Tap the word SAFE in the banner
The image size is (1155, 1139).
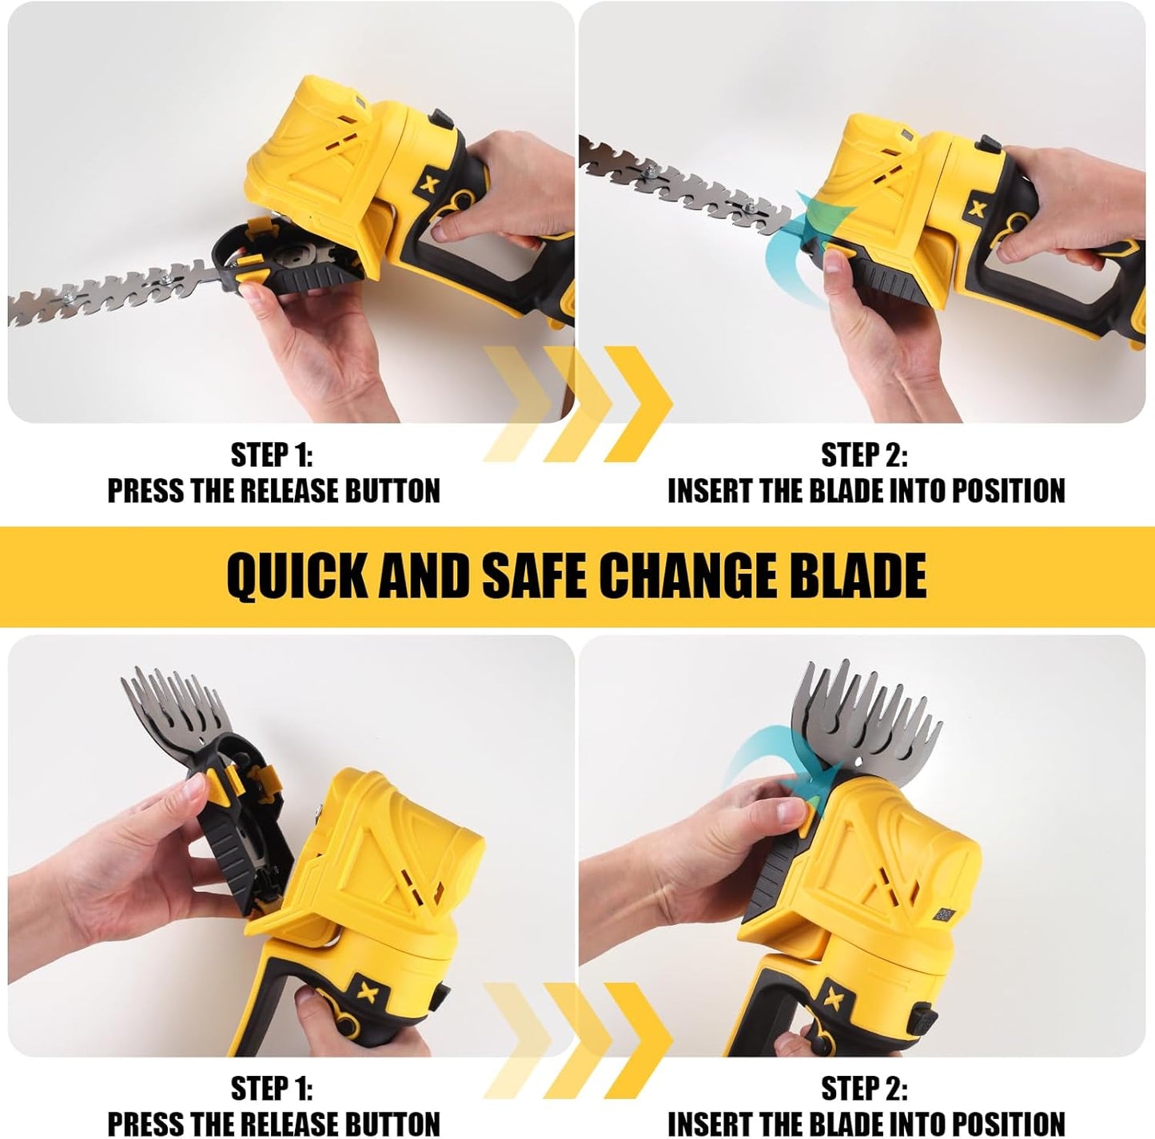pyautogui.click(x=535, y=575)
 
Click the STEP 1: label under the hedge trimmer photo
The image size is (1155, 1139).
pyautogui.click(x=272, y=456)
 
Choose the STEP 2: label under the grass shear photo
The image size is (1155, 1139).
pyautogui.click(x=864, y=1089)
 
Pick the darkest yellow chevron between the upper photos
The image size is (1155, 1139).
pyautogui.click(x=635, y=404)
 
